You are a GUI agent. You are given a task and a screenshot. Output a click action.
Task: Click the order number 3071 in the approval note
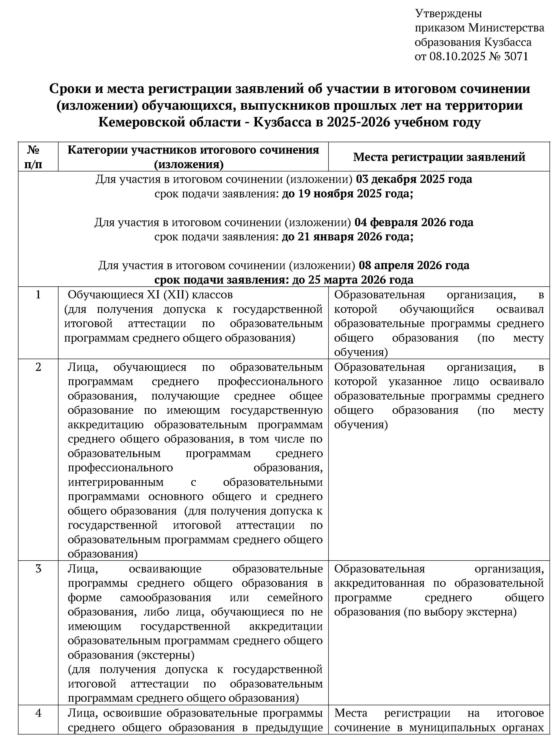coord(516,56)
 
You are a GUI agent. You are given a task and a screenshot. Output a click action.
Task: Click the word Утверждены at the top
coord(448,14)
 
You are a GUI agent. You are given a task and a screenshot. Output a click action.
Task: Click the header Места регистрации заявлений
coord(439,157)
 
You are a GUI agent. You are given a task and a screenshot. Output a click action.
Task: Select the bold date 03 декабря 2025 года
coord(414,179)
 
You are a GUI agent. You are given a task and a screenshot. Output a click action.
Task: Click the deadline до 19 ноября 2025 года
coord(347,194)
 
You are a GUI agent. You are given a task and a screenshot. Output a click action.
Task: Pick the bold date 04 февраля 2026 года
coord(414,222)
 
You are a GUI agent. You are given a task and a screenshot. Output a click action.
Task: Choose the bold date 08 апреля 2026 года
coord(414,265)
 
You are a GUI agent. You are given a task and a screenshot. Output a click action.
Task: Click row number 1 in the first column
coord(38,295)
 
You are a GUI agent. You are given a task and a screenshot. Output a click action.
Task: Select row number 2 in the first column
coord(38,367)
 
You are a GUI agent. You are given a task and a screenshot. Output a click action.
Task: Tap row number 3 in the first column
coord(38,569)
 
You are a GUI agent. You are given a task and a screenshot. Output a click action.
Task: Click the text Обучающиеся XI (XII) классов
coord(150,295)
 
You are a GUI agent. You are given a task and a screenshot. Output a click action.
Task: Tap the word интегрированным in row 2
coord(115,482)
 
